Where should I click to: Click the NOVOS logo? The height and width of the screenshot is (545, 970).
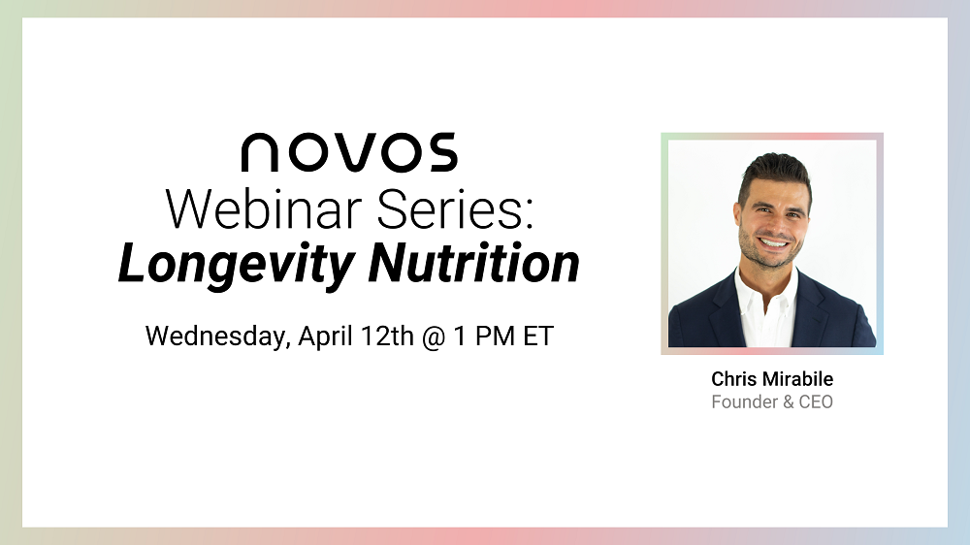point(349,152)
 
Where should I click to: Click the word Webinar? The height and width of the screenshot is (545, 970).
point(264,209)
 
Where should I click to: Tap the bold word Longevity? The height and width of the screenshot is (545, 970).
point(237,264)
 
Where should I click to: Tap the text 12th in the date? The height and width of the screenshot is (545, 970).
point(387,336)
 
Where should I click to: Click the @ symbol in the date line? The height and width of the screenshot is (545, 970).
point(434,337)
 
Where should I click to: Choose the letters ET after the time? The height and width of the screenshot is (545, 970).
point(538,336)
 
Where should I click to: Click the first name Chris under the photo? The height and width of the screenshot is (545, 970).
point(733,378)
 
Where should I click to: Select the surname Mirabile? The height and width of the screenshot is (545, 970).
point(797,378)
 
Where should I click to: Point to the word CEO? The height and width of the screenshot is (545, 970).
point(816,402)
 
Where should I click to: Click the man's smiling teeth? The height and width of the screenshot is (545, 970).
point(774,243)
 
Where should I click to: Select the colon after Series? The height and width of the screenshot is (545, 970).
point(529,213)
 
